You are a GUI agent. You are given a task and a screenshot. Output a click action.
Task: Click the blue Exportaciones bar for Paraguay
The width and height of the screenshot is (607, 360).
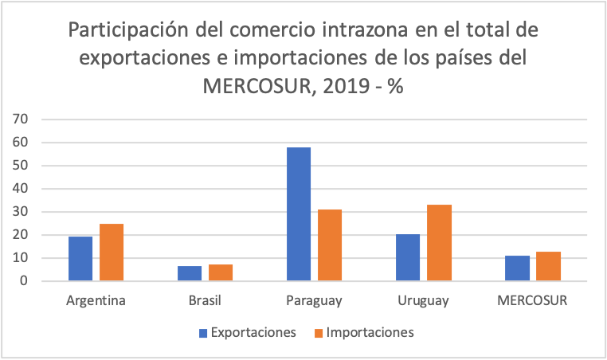300,214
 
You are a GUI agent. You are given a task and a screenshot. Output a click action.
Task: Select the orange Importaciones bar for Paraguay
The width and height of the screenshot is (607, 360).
330,245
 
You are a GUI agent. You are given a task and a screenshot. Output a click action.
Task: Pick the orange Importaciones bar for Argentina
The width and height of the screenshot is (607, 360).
112,252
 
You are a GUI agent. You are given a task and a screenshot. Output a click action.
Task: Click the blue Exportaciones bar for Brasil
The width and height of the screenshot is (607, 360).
190,273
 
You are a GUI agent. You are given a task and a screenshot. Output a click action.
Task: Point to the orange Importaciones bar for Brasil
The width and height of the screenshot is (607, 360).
221,272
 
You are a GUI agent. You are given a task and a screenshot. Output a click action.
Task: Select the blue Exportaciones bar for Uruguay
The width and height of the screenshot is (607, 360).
409,257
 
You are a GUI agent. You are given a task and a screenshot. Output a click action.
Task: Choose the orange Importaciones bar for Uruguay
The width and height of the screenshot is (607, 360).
439,243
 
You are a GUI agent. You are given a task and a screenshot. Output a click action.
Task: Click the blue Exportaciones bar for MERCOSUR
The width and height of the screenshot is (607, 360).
518,268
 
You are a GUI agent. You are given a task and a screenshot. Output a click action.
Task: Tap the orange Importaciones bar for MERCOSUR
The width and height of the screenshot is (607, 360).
548,266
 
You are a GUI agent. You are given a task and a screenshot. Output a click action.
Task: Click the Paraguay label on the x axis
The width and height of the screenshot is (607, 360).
315,301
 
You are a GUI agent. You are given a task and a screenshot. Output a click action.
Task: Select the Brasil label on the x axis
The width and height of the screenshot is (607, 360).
206,301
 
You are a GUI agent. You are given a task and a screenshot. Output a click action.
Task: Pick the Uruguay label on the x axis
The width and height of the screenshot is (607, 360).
424,301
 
